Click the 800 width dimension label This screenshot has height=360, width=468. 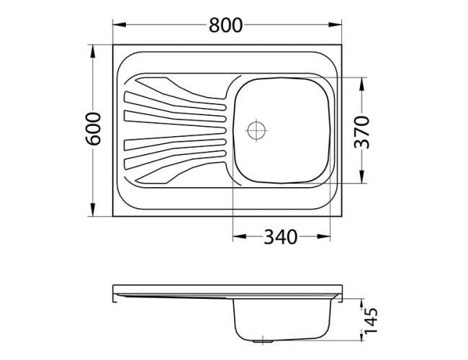coord(225,25)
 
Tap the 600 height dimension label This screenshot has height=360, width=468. coord(94,129)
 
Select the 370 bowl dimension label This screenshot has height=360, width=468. coord(361,132)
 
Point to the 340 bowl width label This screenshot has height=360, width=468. coord(281,237)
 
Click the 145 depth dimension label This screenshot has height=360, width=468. coord(371,320)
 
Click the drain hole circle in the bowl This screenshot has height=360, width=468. coord(256,130)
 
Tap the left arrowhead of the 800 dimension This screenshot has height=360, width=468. coord(120,24)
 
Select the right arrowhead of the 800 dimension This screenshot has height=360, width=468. coord(335,24)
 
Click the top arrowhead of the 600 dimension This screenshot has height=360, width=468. coord(93,51)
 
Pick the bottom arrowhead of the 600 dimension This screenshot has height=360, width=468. coord(93,210)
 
